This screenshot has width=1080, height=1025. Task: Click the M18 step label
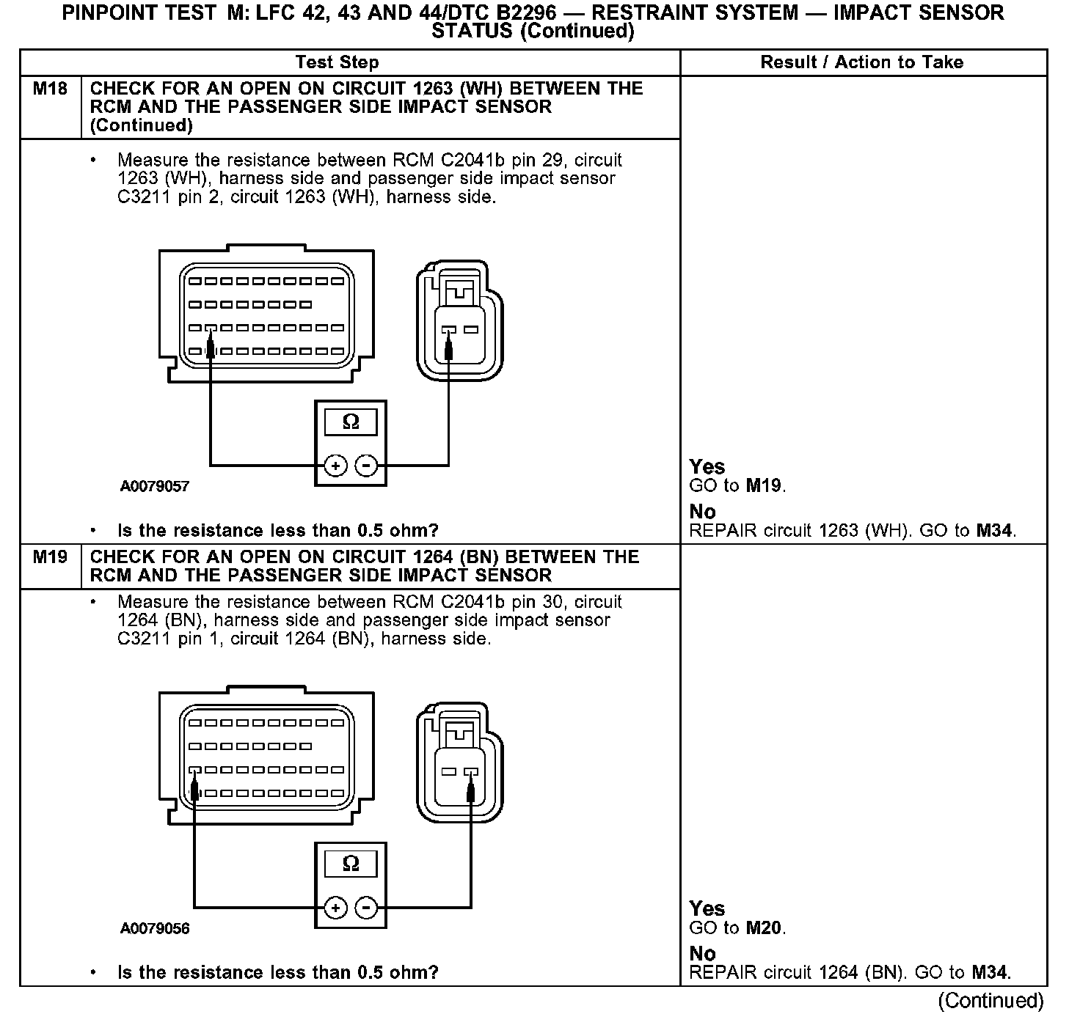pyautogui.click(x=50, y=89)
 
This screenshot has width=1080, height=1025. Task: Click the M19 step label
pyautogui.click(x=50, y=557)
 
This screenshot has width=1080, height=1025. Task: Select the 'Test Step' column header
pyautogui.click(x=337, y=62)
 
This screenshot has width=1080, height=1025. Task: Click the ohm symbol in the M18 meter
pyautogui.click(x=351, y=422)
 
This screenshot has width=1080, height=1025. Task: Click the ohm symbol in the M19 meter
pyautogui.click(x=351, y=864)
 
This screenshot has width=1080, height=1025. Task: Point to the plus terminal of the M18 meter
pyautogui.click(x=335, y=466)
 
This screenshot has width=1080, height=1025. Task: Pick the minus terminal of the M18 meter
pyautogui.click(x=366, y=466)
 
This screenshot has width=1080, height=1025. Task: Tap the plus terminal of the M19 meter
pyautogui.click(x=335, y=908)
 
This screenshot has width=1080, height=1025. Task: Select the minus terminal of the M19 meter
pyautogui.click(x=366, y=908)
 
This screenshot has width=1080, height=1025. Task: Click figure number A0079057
pyautogui.click(x=155, y=486)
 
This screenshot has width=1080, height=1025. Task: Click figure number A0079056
pyautogui.click(x=155, y=928)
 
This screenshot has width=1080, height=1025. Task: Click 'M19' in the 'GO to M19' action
pyautogui.click(x=764, y=485)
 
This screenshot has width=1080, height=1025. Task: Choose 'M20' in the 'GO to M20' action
pyautogui.click(x=764, y=927)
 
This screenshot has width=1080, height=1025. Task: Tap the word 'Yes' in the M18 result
pyautogui.click(x=707, y=466)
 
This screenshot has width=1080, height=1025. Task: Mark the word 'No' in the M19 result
pyautogui.click(x=702, y=953)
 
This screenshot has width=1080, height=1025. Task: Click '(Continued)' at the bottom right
pyautogui.click(x=990, y=1000)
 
